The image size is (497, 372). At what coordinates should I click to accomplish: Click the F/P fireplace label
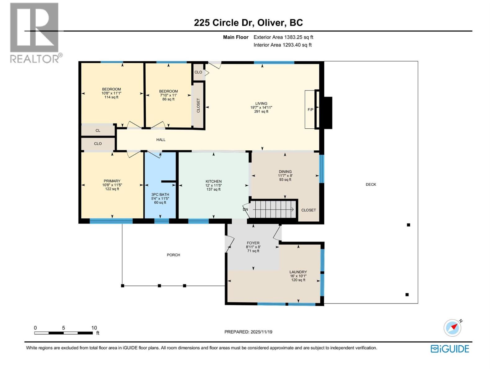click(x=310, y=110)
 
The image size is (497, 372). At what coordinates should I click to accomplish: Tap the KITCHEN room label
click(x=213, y=181)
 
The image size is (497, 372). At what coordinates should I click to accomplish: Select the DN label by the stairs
click(x=245, y=210)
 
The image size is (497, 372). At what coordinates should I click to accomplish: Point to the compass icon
click(x=452, y=328)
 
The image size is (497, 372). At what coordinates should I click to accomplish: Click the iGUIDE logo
click(x=450, y=349)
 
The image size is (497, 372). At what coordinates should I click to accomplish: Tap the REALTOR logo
click(x=34, y=33)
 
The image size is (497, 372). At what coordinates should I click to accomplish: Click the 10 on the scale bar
click(x=94, y=328)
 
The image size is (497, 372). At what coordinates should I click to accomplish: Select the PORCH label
click(x=173, y=255)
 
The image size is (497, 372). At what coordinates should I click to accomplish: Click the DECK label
click(x=371, y=184)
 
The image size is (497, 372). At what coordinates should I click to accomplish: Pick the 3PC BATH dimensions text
click(x=160, y=199)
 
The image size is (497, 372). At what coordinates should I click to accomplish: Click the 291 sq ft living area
click(x=261, y=112)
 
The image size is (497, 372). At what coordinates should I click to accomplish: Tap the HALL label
click(x=161, y=140)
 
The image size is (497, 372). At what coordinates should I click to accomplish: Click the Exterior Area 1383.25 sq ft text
click(x=283, y=37)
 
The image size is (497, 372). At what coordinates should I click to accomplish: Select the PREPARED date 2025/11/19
click(x=248, y=332)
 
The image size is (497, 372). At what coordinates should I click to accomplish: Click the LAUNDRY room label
click(x=298, y=272)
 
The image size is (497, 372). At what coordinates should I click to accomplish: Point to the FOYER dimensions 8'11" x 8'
click(x=253, y=247)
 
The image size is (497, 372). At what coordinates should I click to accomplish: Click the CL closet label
click(x=98, y=131)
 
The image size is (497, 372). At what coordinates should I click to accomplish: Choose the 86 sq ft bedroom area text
click(x=168, y=99)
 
